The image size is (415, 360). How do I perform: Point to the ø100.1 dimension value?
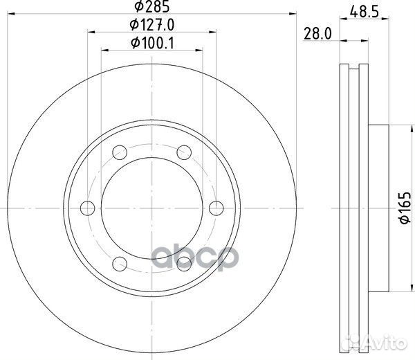pos(151,43)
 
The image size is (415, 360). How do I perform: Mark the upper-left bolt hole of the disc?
pos(119,150)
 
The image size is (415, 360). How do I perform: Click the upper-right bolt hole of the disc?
pos(184,150)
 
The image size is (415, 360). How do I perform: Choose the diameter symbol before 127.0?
pos(133,27)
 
